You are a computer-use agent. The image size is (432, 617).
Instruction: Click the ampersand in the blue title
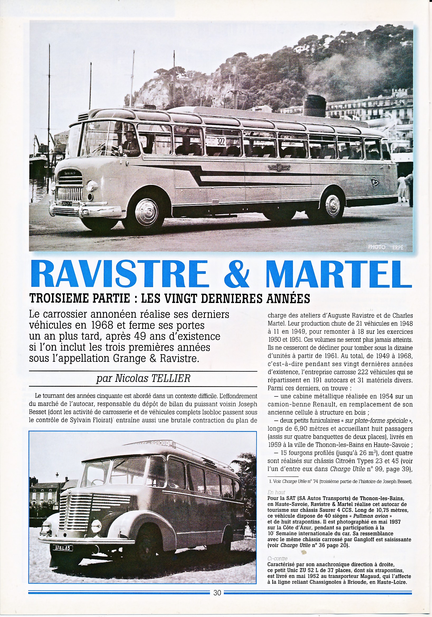(236, 274)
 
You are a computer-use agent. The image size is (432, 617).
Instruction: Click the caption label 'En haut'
(276, 492)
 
